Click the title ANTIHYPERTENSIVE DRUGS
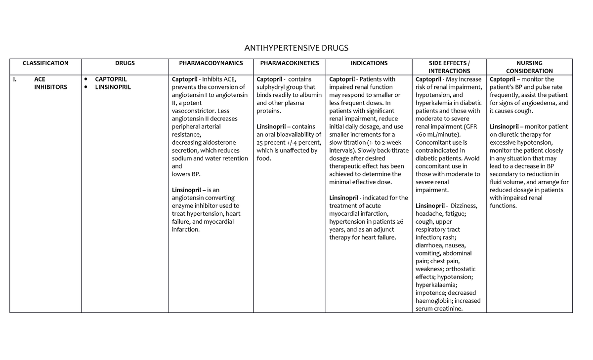(296, 48)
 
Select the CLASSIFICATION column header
(45, 63)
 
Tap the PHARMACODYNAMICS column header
(211, 63)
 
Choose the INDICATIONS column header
(369, 63)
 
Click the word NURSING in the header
(529, 63)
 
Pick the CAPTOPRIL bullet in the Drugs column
(111, 80)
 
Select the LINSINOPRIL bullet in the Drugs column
(113, 87)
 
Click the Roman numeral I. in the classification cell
(15, 80)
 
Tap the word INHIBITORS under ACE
(50, 87)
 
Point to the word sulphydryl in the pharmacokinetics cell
(273, 87)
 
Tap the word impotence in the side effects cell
(430, 293)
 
